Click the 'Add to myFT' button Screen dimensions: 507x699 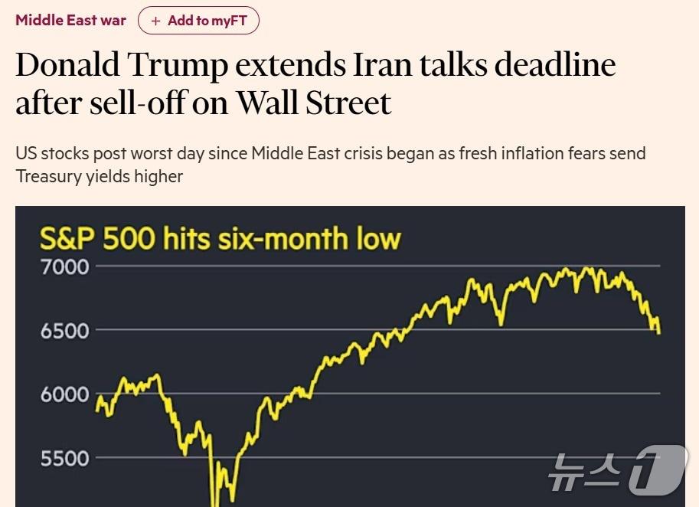tap(198, 21)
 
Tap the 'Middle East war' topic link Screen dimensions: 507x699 tap(70, 21)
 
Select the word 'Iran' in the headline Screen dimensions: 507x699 tap(381, 66)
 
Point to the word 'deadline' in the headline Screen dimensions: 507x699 tap(554, 66)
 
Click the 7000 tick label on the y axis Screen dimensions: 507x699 tap(65, 267)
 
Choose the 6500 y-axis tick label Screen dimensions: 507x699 tap(65, 331)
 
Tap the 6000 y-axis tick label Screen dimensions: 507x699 tap(65, 394)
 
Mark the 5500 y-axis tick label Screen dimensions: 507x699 tap(65, 458)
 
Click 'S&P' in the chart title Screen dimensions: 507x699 tap(68, 239)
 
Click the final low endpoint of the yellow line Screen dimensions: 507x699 tap(659, 332)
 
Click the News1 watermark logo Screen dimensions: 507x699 tap(616, 469)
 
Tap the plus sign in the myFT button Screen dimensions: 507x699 tap(156, 21)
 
